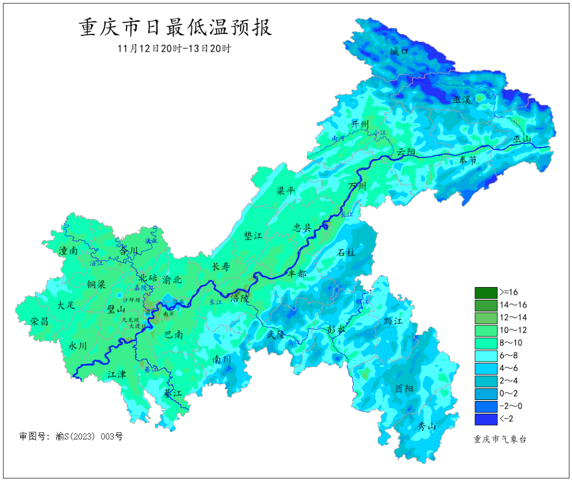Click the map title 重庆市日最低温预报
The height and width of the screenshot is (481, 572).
[175, 27]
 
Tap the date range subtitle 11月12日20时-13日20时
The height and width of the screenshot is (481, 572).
[174, 48]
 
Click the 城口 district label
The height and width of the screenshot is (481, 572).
[399, 51]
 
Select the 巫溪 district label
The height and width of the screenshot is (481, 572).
[462, 99]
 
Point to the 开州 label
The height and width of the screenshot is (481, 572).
[360, 124]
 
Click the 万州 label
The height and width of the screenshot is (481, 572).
[358, 186]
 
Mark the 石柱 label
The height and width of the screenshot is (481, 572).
[346, 253]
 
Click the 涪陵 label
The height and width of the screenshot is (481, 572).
[239, 298]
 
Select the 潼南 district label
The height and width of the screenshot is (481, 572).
[68, 251]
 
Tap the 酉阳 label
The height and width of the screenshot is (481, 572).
[404, 388]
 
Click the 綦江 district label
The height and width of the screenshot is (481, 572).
[173, 394]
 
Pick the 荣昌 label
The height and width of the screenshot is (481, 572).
[39, 322]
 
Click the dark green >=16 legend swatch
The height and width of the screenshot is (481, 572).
[486, 292]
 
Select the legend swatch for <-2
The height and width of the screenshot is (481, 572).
[486, 420]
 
